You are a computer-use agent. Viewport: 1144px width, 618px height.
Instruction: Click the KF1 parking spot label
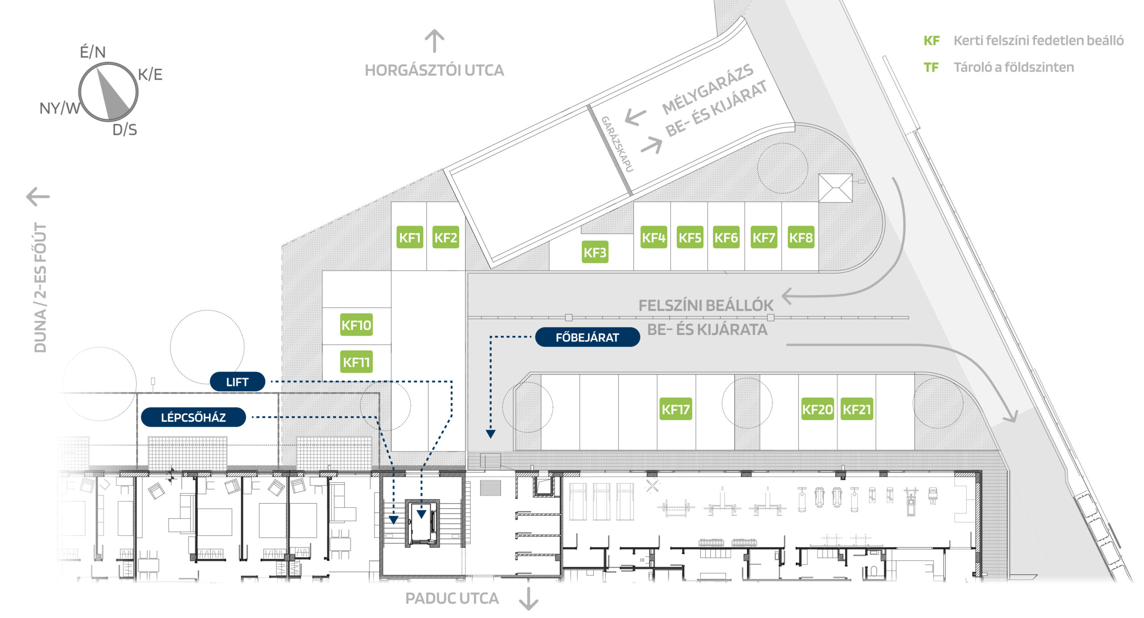[x=410, y=238]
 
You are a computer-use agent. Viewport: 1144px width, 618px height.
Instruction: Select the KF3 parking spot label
[x=595, y=252]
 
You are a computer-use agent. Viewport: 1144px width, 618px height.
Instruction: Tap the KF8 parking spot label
[x=800, y=238]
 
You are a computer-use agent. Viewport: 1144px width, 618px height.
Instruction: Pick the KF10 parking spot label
[x=356, y=325]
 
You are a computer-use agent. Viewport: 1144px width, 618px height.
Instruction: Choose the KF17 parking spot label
[x=676, y=409]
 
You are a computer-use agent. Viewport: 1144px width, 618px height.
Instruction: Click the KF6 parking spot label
[x=726, y=238]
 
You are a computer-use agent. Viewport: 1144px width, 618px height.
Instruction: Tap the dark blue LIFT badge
[x=237, y=382]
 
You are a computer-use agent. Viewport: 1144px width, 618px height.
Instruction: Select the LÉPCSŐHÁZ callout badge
[x=193, y=418]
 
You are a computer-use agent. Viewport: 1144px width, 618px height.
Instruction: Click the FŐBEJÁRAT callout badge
[x=587, y=337]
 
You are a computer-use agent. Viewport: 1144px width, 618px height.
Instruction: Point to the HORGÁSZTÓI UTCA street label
[x=434, y=70]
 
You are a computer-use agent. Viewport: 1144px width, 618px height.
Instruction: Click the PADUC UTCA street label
[x=452, y=598]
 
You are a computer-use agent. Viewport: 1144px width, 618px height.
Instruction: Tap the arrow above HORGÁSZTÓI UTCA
[x=434, y=41]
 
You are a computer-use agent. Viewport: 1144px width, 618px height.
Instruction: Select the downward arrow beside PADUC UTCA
[x=529, y=599]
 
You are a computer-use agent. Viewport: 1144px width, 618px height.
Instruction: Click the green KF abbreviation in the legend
[x=931, y=41]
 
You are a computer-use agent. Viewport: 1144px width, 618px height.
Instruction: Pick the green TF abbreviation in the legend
[x=931, y=67]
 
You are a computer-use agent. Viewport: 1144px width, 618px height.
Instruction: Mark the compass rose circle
[x=109, y=92]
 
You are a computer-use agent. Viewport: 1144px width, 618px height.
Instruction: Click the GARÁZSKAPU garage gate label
[x=617, y=143]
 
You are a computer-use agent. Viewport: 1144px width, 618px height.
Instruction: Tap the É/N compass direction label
[x=93, y=52]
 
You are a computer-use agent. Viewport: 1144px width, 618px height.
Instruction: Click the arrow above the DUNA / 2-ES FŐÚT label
[x=38, y=196]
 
